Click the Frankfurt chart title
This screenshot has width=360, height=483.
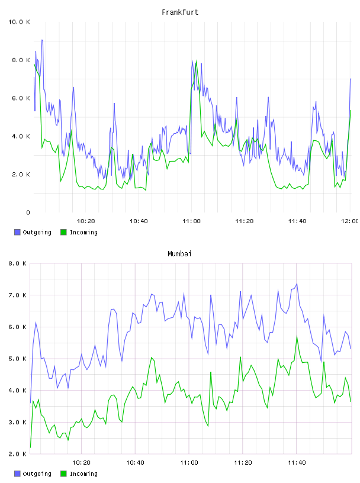coord(180,12)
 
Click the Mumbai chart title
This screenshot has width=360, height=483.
coord(179,254)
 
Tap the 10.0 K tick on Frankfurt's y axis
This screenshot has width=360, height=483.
coord(19,22)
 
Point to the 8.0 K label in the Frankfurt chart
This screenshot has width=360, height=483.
coord(21,60)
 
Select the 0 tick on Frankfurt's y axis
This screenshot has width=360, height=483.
coord(28,212)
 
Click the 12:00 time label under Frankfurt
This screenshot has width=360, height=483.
coord(350,221)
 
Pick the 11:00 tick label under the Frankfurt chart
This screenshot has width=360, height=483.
coord(191,221)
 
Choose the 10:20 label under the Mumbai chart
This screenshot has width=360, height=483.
coord(81,463)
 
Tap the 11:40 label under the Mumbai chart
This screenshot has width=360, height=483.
coord(297,463)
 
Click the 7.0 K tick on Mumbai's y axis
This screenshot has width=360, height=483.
coord(18,295)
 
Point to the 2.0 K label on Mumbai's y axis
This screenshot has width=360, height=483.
coord(18,454)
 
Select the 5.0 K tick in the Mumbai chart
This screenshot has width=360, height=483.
coord(18,359)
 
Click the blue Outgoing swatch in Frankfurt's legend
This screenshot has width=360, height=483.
coord(17,232)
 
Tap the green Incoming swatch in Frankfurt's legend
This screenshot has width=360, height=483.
coord(63,232)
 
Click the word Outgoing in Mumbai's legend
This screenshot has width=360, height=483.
coord(37,474)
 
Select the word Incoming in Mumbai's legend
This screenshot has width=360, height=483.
coord(83,474)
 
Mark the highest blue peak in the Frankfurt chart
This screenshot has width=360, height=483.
coord(42,40)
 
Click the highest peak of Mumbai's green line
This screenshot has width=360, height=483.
coord(297,336)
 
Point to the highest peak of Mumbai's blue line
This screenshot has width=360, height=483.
coord(297,284)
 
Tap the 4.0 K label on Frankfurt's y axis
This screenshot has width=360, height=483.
coord(21,137)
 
